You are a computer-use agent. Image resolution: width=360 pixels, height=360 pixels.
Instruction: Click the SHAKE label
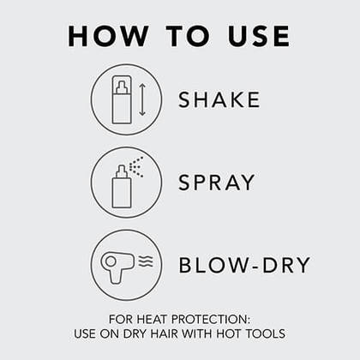point(219,99)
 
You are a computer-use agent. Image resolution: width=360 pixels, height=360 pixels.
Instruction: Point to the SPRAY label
point(217,183)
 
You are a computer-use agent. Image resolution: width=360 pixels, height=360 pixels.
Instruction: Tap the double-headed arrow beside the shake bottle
point(142,99)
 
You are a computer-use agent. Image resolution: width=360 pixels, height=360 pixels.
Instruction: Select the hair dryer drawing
point(117,265)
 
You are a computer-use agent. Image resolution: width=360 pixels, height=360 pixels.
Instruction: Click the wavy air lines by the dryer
point(144,261)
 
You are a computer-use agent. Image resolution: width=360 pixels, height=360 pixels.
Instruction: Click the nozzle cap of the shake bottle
point(121,82)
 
